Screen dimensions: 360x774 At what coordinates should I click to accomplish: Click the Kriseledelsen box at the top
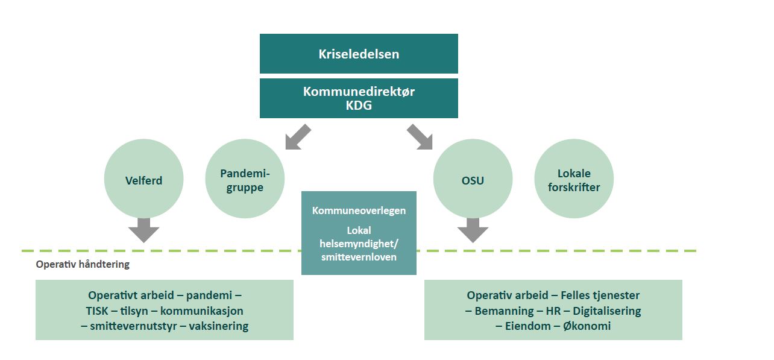(359, 54)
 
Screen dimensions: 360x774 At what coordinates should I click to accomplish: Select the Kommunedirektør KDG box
(359, 98)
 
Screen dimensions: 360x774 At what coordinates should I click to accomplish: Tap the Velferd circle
(143, 180)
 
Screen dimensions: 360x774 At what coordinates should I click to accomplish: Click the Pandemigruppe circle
(245, 180)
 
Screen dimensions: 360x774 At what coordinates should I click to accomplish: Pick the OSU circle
(473, 180)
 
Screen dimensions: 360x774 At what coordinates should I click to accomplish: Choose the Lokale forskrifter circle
(573, 180)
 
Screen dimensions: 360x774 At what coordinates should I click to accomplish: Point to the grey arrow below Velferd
(143, 230)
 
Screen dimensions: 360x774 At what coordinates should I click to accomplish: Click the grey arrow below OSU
(473, 230)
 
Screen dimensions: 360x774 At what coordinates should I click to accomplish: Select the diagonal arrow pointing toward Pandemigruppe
(298, 137)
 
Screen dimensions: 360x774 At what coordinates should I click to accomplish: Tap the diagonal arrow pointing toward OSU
(420, 137)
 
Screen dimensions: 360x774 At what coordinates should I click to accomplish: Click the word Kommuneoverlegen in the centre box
(359, 211)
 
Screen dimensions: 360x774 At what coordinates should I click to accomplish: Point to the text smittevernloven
(359, 256)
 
